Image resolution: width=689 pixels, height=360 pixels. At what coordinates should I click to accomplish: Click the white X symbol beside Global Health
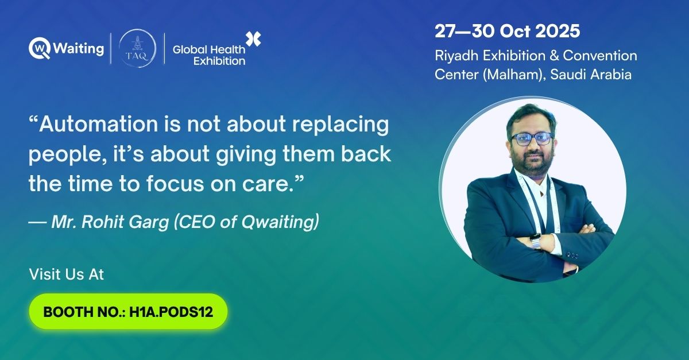click(253, 40)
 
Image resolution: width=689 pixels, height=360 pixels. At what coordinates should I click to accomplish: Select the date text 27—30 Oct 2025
click(507, 31)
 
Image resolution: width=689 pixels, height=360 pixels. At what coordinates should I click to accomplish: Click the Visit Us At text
click(66, 274)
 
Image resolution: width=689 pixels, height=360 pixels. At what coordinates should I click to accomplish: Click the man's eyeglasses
click(531, 138)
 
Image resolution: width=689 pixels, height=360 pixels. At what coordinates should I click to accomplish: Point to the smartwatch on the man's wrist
click(535, 241)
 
